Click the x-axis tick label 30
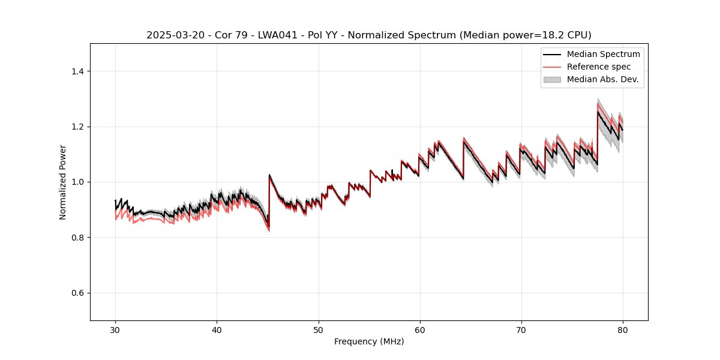point(115,329)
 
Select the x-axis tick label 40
point(217,329)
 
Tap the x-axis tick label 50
point(318,329)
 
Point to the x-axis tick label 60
point(419,329)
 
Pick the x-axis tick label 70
point(521,329)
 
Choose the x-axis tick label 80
point(622,329)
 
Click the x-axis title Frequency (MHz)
point(369,341)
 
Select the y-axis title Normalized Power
point(63,182)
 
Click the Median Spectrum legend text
point(603,54)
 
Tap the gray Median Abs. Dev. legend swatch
point(551,79)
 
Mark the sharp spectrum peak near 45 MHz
point(269,175)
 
